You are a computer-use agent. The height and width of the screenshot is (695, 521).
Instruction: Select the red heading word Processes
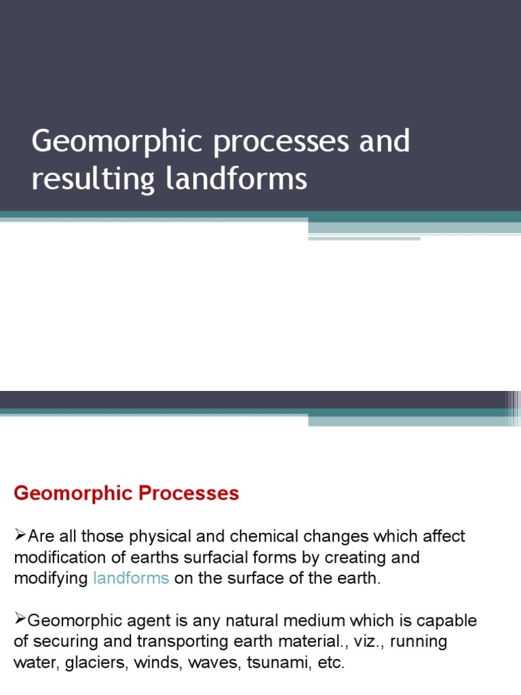point(189,493)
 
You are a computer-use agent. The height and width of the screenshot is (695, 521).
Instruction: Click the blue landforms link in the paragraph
point(130,578)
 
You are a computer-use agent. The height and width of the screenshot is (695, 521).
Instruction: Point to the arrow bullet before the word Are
point(20,536)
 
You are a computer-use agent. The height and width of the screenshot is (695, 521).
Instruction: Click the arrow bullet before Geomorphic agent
point(20,620)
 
